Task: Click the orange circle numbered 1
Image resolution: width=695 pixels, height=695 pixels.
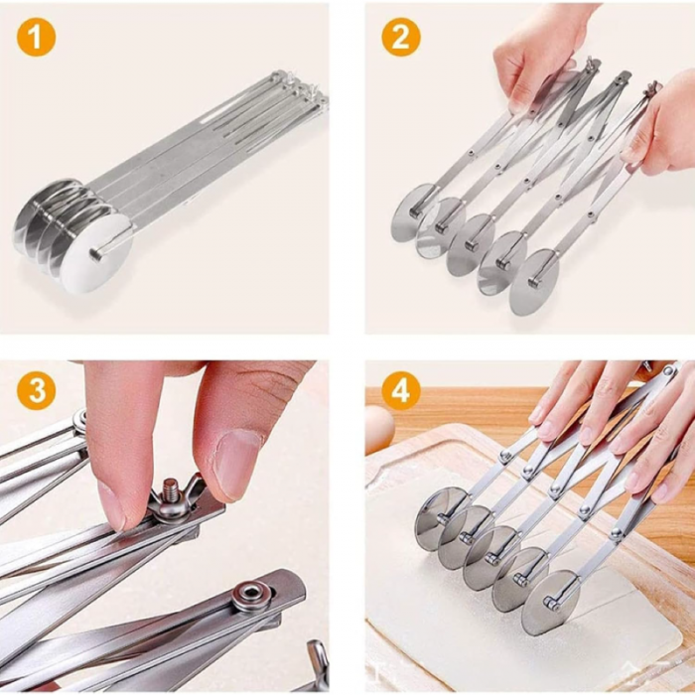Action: click(37, 38)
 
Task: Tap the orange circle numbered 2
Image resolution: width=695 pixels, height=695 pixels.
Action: click(401, 38)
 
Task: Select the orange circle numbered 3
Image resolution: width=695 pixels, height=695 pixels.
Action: click(37, 390)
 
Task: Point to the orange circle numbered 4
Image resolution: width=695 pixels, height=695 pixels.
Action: click(401, 390)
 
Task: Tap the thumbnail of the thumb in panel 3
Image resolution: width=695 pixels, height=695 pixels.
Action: click(237, 465)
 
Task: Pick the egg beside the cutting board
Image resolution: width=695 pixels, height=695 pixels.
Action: click(378, 429)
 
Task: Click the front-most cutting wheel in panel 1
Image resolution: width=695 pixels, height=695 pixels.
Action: click(96, 255)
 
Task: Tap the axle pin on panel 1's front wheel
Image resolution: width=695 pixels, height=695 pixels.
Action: click(96, 254)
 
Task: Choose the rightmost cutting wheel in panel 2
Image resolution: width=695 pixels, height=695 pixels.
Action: click(533, 282)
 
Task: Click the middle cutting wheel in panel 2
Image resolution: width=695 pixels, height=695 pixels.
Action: click(470, 244)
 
